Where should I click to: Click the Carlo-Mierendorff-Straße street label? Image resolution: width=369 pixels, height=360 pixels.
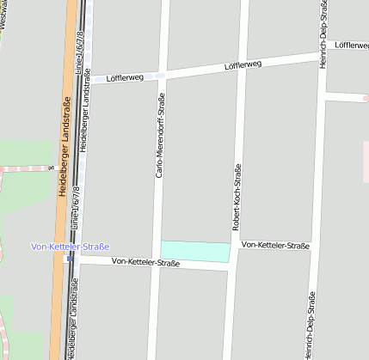click(x=160, y=136)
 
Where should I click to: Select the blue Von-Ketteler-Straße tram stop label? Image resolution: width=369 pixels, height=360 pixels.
click(x=71, y=247)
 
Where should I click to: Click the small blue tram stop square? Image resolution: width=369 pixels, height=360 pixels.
click(x=69, y=258)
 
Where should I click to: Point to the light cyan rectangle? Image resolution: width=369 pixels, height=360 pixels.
click(x=195, y=252)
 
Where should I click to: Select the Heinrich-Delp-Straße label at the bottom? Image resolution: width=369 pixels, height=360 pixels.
click(x=310, y=325)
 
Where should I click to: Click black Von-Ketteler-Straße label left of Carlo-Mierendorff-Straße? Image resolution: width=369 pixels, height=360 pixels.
click(x=145, y=262)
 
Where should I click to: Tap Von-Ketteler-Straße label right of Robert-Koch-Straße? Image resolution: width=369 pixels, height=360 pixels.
click(x=275, y=246)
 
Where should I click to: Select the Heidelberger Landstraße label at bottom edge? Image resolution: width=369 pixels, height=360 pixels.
click(x=69, y=331)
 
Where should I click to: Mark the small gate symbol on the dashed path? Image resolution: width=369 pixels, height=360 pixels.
click(x=51, y=168)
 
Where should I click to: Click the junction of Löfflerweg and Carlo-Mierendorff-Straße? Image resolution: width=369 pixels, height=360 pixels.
click(x=161, y=76)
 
